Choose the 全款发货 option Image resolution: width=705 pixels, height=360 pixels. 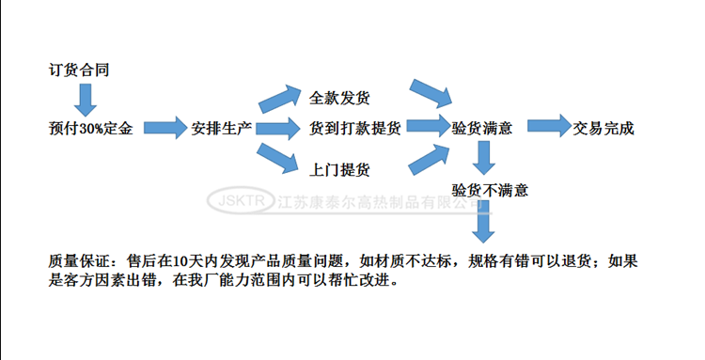(339, 98)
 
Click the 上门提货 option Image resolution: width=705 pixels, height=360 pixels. (339, 170)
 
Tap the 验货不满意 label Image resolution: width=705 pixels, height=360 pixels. (490, 191)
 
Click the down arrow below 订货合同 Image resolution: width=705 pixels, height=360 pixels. (86, 99)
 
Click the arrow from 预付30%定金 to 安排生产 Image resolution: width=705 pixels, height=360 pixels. (166, 128)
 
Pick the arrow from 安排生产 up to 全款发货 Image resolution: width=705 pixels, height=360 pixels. (279, 98)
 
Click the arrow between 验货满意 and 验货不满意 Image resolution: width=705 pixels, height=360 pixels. (483, 159)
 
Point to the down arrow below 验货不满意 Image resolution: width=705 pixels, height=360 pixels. (483, 223)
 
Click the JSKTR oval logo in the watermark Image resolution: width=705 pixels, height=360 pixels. (241, 201)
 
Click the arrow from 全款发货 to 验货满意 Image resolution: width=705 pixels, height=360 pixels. (431, 94)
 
